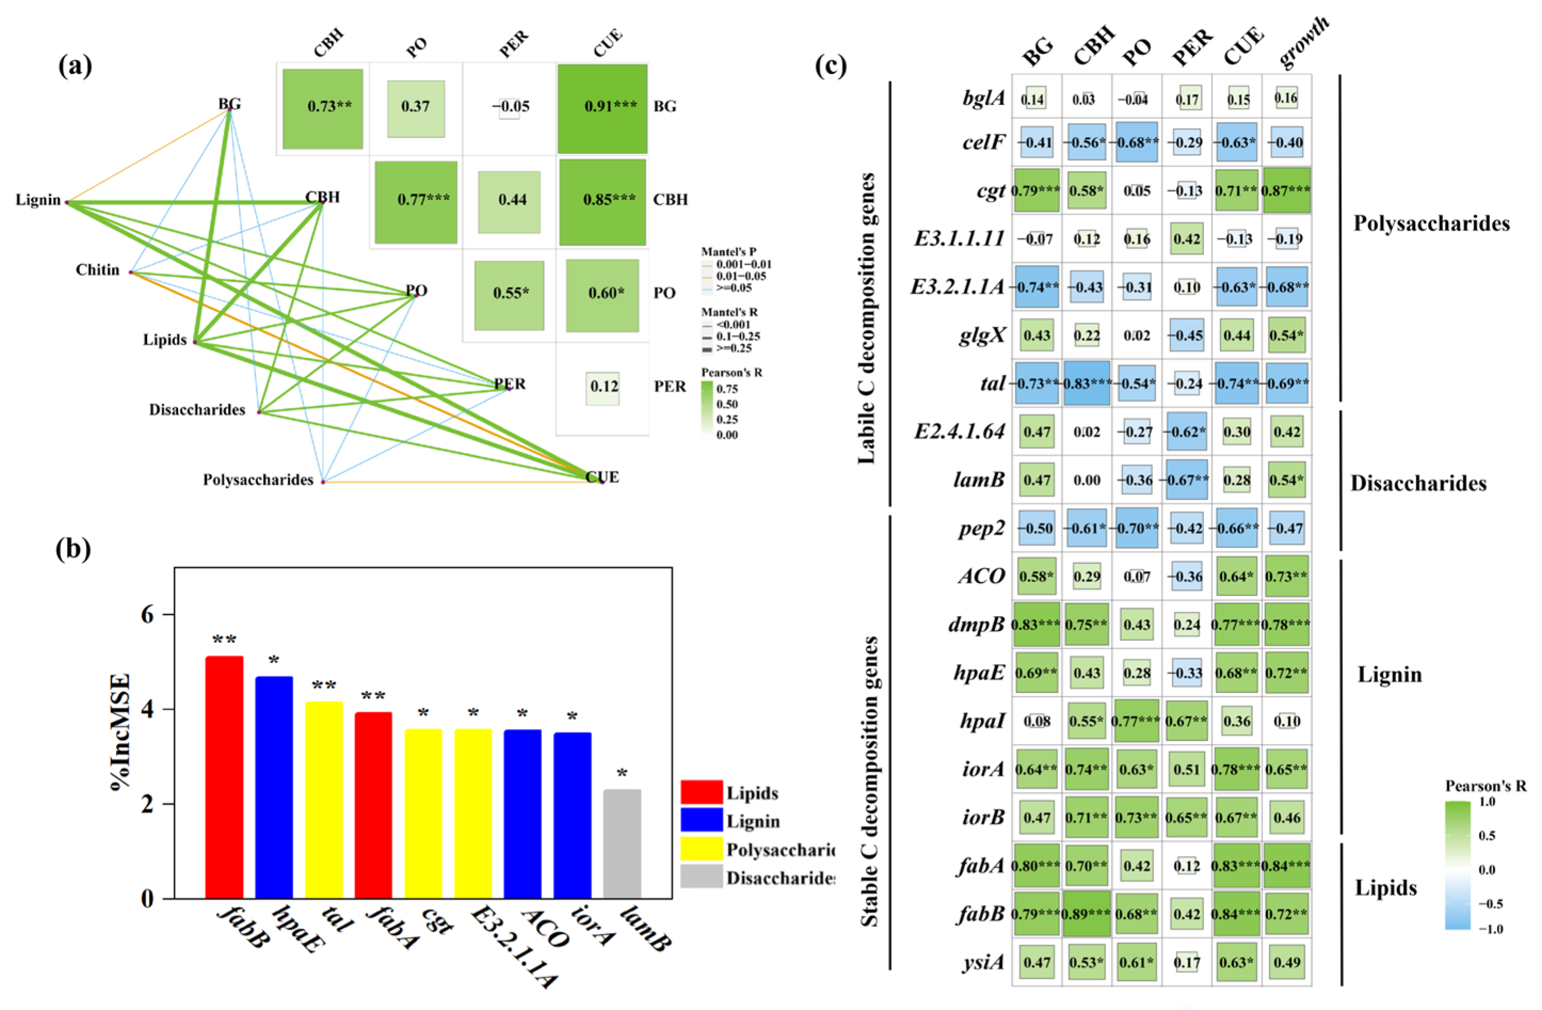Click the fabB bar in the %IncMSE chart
click(x=224, y=778)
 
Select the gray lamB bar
click(x=622, y=844)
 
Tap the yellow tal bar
click(x=324, y=800)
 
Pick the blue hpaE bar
click(x=274, y=787)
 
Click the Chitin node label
click(x=98, y=270)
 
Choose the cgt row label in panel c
click(x=990, y=191)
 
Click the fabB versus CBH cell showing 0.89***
click(x=1086, y=914)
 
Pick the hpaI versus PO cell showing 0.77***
click(x=1136, y=721)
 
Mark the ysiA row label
click(x=983, y=963)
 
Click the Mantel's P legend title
click(x=729, y=252)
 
